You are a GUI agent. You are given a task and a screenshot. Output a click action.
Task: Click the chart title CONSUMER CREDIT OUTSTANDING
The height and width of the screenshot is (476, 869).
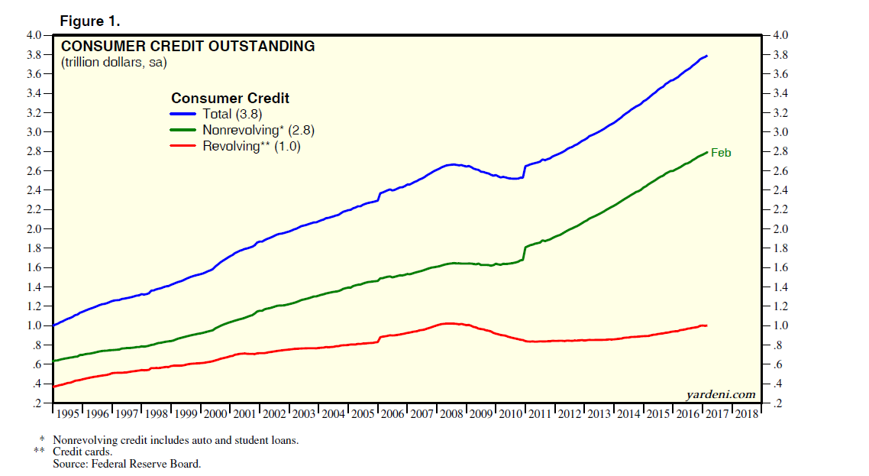point(188,47)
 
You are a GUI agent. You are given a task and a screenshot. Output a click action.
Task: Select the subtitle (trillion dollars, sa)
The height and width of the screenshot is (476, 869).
point(114,63)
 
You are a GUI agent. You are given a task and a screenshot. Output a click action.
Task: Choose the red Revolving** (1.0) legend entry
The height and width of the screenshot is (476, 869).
point(251,147)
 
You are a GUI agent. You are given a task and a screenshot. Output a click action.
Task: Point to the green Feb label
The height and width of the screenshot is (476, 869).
point(721,153)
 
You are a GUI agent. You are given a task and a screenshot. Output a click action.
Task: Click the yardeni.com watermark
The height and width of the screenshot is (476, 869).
point(722,394)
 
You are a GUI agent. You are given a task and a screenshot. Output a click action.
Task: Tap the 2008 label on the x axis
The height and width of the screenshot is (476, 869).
point(451,413)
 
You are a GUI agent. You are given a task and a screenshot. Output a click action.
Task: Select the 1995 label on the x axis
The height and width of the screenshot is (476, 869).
point(68,413)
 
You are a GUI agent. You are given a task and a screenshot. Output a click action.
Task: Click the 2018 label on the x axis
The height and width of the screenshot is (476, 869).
point(747,413)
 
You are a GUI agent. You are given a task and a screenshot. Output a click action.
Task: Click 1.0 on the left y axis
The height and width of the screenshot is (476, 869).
point(36,325)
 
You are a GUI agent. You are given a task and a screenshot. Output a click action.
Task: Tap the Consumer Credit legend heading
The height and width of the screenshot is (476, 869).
point(230,99)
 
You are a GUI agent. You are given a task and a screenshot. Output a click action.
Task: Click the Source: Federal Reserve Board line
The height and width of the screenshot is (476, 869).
point(127,464)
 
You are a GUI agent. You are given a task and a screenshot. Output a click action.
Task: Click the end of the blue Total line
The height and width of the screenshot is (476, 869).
point(706,56)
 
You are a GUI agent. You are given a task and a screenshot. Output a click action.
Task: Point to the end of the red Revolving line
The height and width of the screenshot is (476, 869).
point(706,325)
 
